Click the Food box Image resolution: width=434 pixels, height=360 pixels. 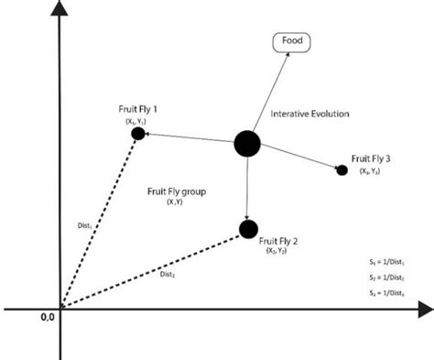290,42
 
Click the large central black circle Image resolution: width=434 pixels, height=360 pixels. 247,143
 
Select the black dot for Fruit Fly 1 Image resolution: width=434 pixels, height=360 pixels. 138,134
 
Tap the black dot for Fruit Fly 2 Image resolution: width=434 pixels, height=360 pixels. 246,228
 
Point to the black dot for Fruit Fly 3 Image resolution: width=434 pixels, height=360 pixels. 342,169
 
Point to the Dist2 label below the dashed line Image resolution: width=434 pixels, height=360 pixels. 168,273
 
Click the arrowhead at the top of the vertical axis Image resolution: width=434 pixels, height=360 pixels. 60,11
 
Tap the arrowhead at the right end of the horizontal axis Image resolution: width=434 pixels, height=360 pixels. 425,310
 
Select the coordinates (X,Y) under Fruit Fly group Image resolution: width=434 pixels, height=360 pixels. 175,202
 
